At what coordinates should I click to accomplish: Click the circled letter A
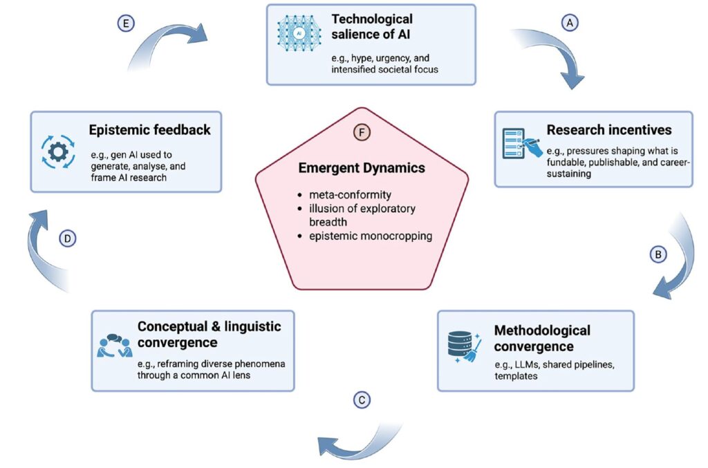[570, 22]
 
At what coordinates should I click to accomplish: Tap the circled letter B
[658, 254]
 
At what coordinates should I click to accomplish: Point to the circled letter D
[68, 238]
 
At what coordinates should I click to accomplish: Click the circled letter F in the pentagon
[362, 132]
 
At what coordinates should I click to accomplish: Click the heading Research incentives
[608, 129]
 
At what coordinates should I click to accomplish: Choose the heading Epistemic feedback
[149, 129]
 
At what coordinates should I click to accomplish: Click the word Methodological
[541, 330]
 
